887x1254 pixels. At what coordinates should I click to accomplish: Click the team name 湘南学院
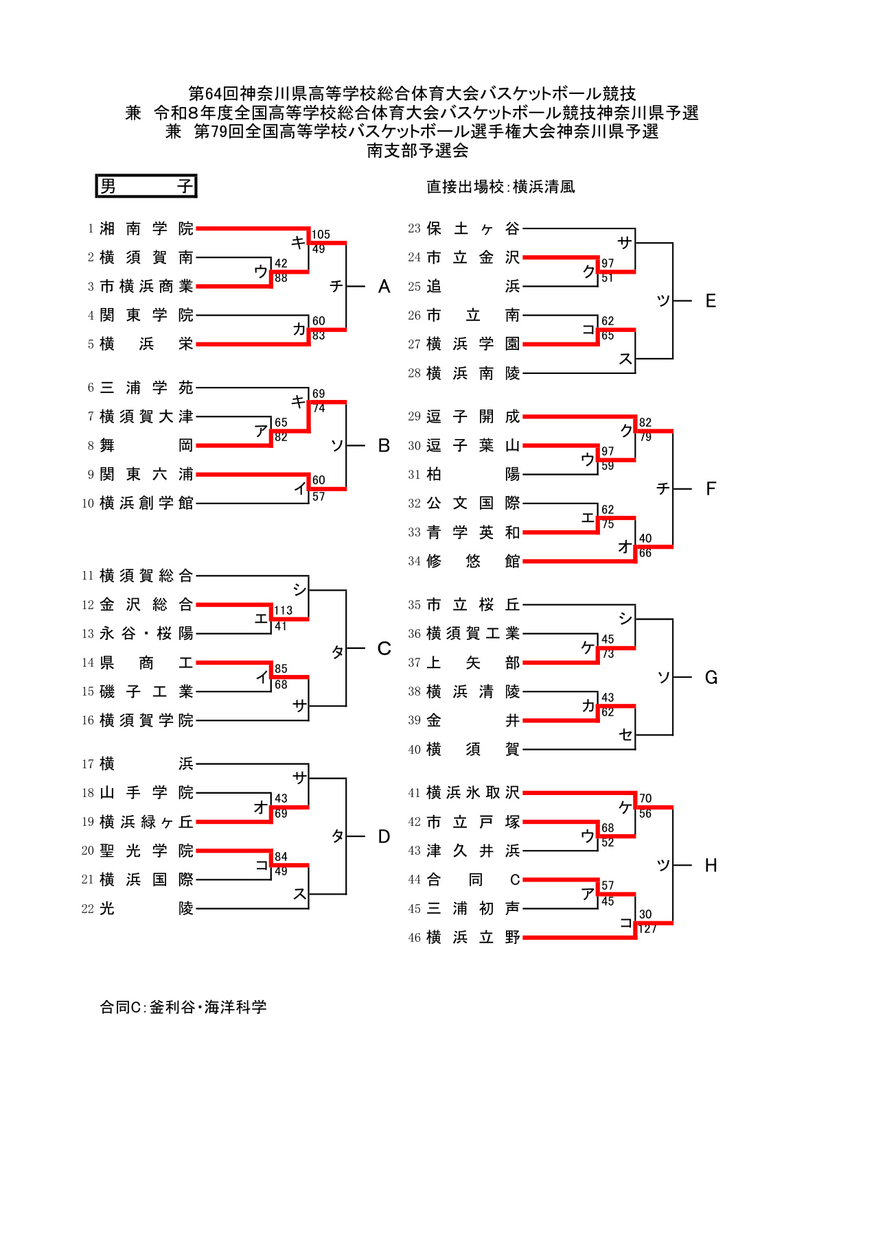coord(146,228)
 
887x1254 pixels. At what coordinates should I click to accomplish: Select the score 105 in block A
coord(321,235)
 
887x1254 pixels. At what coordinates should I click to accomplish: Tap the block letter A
coord(384,287)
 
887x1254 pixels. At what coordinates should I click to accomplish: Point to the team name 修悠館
coord(473,561)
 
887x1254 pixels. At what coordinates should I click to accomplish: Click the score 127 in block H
coord(647,929)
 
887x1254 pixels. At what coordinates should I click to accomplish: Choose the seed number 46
coord(414,938)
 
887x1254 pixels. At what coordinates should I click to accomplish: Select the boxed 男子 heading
coord(146,186)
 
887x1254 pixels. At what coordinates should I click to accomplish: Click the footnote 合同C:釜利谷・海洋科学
coord(183,1007)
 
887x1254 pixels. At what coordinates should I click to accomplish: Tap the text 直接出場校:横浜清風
coord(500,187)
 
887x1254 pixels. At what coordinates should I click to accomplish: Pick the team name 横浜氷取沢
coord(473,793)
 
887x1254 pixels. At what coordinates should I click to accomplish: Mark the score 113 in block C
coord(283,611)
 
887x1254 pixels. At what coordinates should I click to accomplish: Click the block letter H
coord(711,866)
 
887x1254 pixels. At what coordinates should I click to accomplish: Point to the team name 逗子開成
coord(473,416)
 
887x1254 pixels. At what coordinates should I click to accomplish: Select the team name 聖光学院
coord(146,851)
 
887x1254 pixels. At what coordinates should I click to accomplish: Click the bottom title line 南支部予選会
coord(417,150)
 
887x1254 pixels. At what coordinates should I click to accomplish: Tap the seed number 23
coord(414,228)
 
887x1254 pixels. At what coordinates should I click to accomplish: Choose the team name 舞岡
coord(146,446)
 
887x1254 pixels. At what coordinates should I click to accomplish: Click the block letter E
coord(711,301)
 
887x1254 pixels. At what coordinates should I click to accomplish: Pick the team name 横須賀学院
coord(146,720)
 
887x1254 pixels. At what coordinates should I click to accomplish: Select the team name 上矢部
coord(473,663)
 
